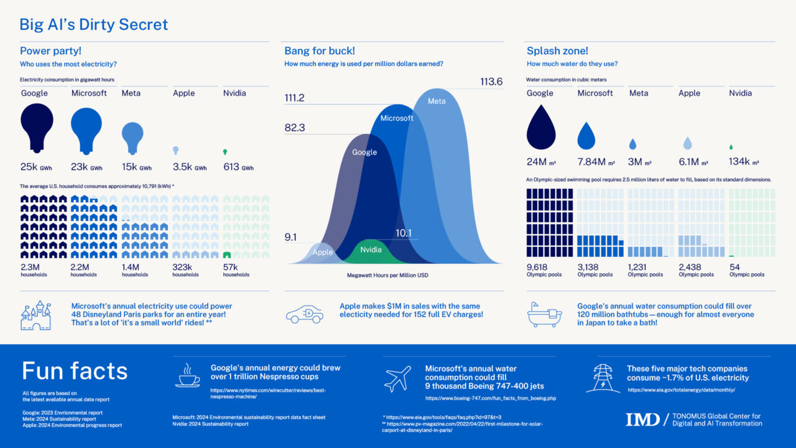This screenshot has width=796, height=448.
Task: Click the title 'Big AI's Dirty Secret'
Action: [x=94, y=25]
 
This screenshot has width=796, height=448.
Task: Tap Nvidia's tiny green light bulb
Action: [x=225, y=152]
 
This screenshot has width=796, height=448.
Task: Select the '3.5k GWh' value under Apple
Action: [x=189, y=167]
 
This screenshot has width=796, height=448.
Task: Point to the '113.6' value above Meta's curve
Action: [x=491, y=82]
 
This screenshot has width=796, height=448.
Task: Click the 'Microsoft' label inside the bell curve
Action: [x=397, y=118]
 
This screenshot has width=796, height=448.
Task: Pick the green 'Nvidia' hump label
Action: [x=371, y=250]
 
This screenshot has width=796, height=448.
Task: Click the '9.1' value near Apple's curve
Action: [x=291, y=237]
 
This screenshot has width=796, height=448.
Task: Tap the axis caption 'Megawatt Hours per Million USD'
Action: [x=387, y=275]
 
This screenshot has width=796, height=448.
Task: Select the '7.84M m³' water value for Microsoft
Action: [x=596, y=162]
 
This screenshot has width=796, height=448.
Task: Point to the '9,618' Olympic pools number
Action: [x=538, y=267]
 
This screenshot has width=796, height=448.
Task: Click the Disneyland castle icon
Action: [x=35, y=315]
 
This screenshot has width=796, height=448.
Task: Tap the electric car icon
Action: [x=305, y=315]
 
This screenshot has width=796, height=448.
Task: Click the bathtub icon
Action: [x=545, y=315]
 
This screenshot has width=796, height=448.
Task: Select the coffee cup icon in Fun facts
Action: [x=188, y=376]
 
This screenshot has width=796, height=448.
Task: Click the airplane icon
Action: [x=398, y=378]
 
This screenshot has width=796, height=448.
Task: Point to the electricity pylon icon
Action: [x=603, y=378]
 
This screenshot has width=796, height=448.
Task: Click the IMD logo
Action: [x=642, y=419]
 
